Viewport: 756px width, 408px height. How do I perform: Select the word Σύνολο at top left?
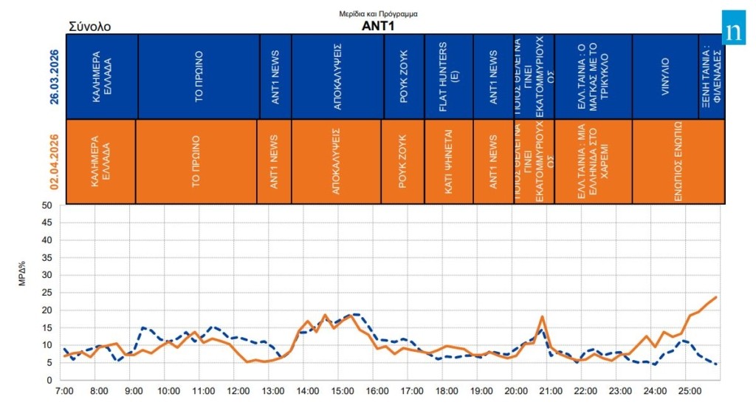click(89, 27)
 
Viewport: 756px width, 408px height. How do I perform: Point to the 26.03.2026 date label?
click(55, 76)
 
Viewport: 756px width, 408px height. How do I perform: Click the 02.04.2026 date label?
click(55, 162)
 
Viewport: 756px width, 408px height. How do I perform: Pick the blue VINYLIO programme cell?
click(664, 75)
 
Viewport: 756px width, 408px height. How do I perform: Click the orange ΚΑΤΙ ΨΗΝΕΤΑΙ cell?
click(448, 161)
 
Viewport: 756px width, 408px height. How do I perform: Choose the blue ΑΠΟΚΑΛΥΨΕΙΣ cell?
click(337, 75)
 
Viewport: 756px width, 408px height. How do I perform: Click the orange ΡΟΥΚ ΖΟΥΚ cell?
click(402, 161)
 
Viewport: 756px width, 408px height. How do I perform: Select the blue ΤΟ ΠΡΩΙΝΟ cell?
click(199, 75)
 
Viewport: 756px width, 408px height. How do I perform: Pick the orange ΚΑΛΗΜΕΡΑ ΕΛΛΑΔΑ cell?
click(101, 161)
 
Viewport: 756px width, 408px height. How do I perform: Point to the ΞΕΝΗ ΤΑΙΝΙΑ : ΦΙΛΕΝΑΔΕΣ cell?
click(711, 75)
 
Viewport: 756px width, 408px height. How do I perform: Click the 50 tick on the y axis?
click(47, 205)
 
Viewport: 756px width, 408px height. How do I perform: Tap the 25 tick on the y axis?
click(47, 293)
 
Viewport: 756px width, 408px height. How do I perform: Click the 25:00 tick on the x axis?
click(689, 390)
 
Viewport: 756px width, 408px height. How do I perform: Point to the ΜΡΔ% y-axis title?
click(23, 293)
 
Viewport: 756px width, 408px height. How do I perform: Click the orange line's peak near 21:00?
click(543, 316)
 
